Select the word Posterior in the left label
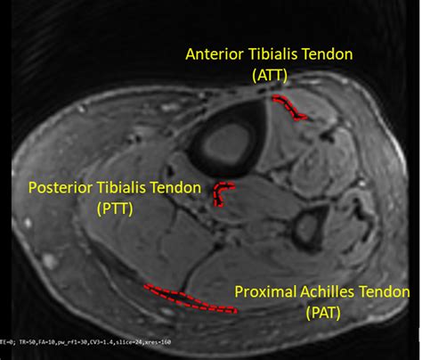(x=62, y=188)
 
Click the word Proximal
(x=264, y=291)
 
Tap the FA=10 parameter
(x=49, y=341)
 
